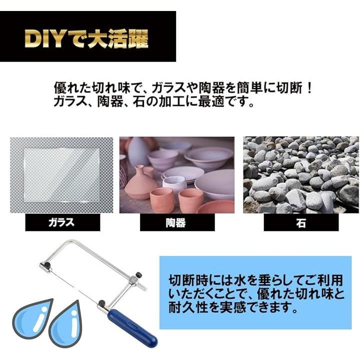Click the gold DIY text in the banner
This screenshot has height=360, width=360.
coord(44,38)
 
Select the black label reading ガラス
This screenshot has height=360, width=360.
coord(62,222)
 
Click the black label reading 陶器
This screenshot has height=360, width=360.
coord(177,222)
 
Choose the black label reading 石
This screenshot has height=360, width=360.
coord(301,222)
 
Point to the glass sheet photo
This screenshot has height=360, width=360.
coord(61,175)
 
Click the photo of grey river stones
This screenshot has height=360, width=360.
coord(301,175)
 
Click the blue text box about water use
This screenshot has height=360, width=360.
coord(255,292)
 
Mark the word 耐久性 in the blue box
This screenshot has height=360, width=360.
coord(188,308)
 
